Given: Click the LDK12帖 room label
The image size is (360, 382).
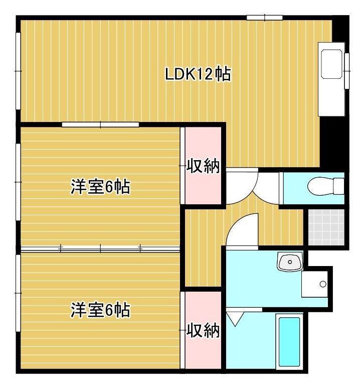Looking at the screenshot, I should (x=198, y=74).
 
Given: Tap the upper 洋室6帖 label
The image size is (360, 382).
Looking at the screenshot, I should (x=100, y=187).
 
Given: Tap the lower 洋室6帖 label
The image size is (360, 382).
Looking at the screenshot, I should (x=100, y=310).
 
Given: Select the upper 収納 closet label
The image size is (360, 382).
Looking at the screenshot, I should (x=204, y=166).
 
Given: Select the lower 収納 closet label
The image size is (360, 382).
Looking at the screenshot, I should (x=204, y=330).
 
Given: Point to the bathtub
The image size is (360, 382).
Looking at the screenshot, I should (x=289, y=341).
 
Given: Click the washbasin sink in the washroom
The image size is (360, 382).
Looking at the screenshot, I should (x=290, y=261).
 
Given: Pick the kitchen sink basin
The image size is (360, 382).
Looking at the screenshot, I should (x=332, y=63).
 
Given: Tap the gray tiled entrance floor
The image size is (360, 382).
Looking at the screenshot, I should (x=326, y=226).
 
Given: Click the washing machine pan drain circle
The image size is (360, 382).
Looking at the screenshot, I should (x=322, y=284).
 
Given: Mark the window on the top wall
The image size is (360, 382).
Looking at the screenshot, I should (x=264, y=18).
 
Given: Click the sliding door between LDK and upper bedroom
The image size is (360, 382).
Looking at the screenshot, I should (x=100, y=124).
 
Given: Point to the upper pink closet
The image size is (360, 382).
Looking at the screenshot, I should (x=201, y=146).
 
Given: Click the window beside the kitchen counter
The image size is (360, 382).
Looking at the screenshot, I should (x=346, y=70).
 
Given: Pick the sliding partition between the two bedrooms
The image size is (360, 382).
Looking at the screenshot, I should (x=100, y=248).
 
